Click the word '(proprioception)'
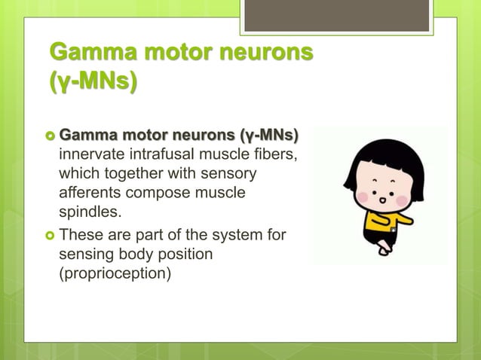tap(115, 273)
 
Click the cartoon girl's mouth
tap(382, 201)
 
